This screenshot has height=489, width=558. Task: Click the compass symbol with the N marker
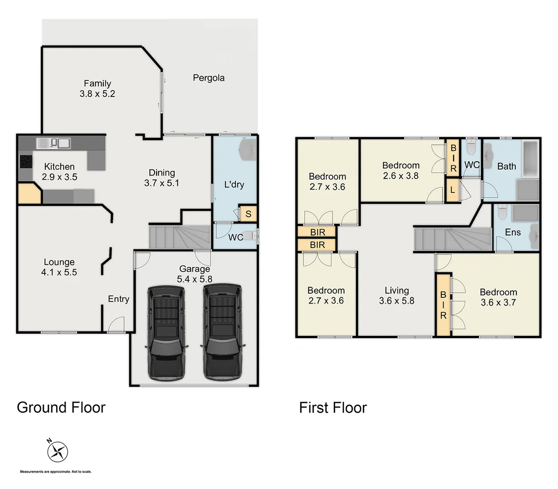pyautogui.click(x=57, y=451)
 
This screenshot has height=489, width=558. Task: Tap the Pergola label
pyautogui.click(x=208, y=78)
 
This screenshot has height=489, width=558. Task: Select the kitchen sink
pyautogui.click(x=53, y=144)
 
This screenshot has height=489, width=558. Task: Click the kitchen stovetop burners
pyautogui.click(x=25, y=162)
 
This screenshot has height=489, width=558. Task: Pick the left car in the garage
pyautogui.click(x=166, y=331)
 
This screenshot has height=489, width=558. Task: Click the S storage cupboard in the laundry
pyautogui.click(x=248, y=214)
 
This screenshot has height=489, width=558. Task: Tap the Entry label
pyautogui.click(x=118, y=299)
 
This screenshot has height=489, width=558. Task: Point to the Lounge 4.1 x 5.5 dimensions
pyautogui.click(x=59, y=272)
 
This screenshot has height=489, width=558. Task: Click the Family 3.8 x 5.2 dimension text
pyautogui.click(x=97, y=94)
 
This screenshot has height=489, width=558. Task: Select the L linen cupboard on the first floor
pyautogui.click(x=452, y=190)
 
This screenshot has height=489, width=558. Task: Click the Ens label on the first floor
pyautogui.click(x=512, y=232)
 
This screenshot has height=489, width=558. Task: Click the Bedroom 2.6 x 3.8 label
pyautogui.click(x=401, y=170)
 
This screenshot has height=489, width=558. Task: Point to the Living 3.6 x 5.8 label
pyautogui.click(x=397, y=296)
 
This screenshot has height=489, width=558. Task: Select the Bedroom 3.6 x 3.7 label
pyautogui.click(x=498, y=297)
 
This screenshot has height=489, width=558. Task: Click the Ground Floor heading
pyautogui.click(x=61, y=407)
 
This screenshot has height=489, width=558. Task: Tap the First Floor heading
pyautogui.click(x=333, y=407)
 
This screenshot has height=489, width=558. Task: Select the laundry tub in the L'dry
pyautogui.click(x=248, y=150)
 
